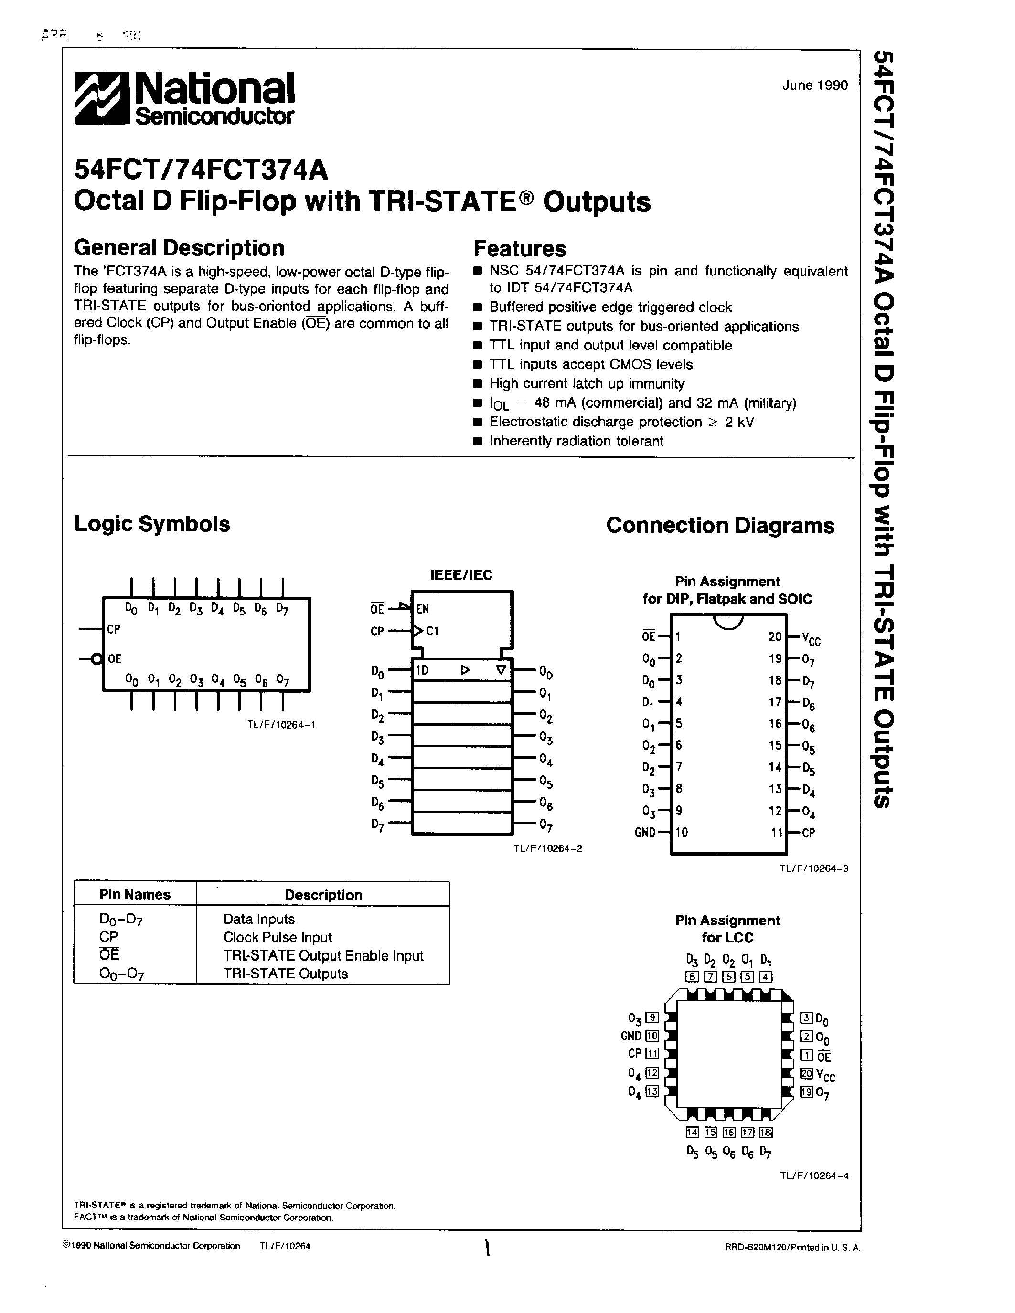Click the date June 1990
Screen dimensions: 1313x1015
(815, 85)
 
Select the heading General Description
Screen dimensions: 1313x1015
(179, 248)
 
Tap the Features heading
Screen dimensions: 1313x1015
(520, 248)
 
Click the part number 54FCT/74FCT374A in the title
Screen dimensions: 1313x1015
(201, 170)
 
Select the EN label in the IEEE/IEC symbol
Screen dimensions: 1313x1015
(423, 609)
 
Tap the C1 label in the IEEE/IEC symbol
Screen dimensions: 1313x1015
(432, 631)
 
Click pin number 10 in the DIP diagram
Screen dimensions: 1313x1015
(681, 832)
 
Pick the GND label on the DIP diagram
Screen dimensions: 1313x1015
(645, 833)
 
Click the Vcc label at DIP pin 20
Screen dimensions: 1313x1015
(811, 638)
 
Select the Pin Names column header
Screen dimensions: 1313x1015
(135, 895)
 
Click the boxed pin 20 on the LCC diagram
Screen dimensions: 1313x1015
(806, 1073)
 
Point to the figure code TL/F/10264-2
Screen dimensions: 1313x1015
(547, 848)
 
